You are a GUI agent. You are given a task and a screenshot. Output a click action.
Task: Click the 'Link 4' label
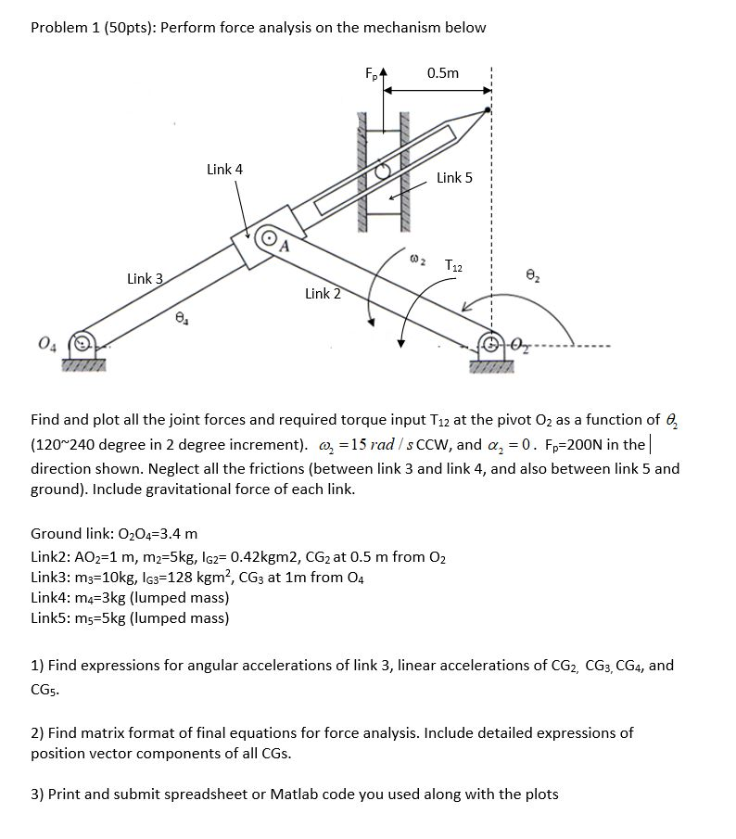(x=225, y=169)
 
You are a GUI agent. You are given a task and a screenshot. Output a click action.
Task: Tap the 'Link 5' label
(x=455, y=177)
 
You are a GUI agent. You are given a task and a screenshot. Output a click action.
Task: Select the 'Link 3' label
(x=146, y=278)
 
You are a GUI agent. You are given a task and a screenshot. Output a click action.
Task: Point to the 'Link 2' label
(x=323, y=294)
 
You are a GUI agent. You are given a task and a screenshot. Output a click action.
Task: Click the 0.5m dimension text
(x=442, y=72)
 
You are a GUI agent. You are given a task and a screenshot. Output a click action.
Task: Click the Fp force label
(x=371, y=71)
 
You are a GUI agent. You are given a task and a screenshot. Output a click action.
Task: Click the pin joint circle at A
(x=269, y=238)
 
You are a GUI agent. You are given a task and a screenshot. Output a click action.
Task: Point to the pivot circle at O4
(x=82, y=342)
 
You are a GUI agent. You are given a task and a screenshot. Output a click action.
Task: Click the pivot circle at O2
(x=489, y=344)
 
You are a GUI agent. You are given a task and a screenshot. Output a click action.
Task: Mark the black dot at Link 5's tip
(x=489, y=111)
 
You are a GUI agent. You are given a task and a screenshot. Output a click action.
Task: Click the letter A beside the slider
(x=285, y=246)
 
